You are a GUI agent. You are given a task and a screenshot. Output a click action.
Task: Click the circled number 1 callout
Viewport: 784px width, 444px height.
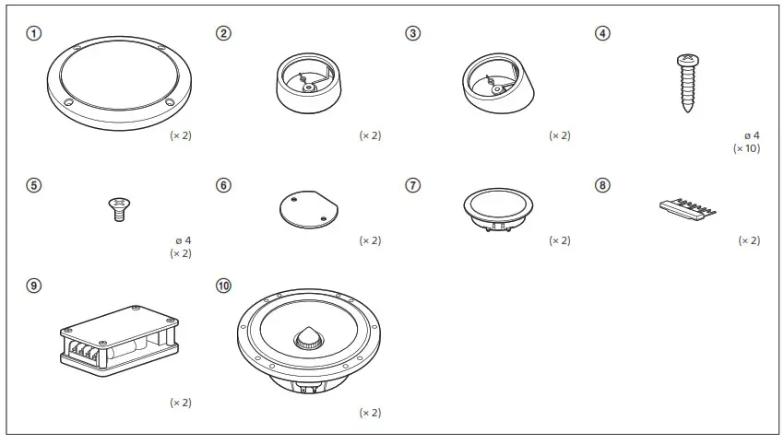[34, 33]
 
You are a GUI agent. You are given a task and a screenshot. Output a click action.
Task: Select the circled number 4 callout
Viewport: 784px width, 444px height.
[602, 33]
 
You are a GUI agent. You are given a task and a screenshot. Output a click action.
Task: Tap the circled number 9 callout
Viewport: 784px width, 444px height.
[34, 286]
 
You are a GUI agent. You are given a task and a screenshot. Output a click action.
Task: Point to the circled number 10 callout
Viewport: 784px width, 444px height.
[223, 286]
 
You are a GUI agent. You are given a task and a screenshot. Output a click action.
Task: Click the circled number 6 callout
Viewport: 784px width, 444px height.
[223, 185]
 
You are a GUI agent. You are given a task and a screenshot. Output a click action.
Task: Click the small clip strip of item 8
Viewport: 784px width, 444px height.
[687, 207]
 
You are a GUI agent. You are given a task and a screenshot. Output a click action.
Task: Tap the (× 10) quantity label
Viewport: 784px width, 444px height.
[746, 147]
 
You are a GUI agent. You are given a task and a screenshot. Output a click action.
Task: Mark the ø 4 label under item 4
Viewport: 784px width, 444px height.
[750, 134]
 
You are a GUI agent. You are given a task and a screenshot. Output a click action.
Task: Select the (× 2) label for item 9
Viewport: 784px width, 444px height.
[181, 403]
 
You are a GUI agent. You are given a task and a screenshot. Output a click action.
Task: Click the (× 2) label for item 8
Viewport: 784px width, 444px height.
[749, 240]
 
